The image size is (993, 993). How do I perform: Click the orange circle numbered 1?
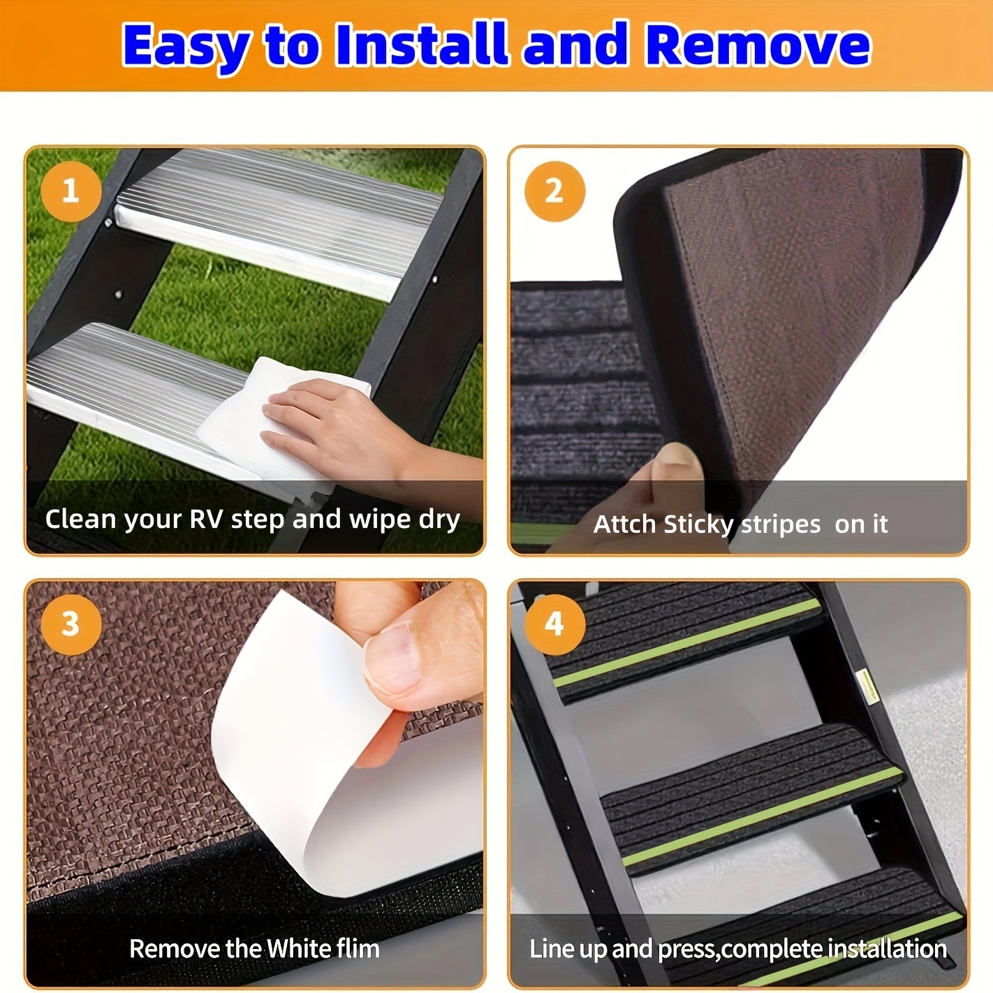(x=71, y=191)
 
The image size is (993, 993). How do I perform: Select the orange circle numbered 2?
(x=554, y=191)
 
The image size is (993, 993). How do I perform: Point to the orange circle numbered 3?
(x=71, y=624)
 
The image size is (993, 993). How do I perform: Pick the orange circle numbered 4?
(x=554, y=624)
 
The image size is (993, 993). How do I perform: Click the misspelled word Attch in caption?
(x=625, y=524)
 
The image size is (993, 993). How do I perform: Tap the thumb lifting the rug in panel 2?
(x=674, y=475)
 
